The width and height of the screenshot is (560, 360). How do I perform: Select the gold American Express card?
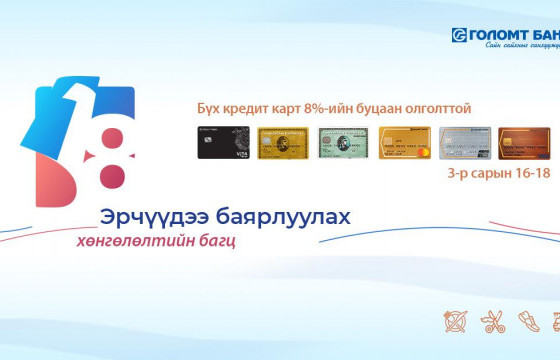click(283, 144)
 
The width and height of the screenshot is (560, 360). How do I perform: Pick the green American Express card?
click(344, 144)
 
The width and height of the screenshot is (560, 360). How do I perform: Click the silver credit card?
click(466, 144)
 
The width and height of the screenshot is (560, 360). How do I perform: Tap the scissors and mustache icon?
click(493, 323)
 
